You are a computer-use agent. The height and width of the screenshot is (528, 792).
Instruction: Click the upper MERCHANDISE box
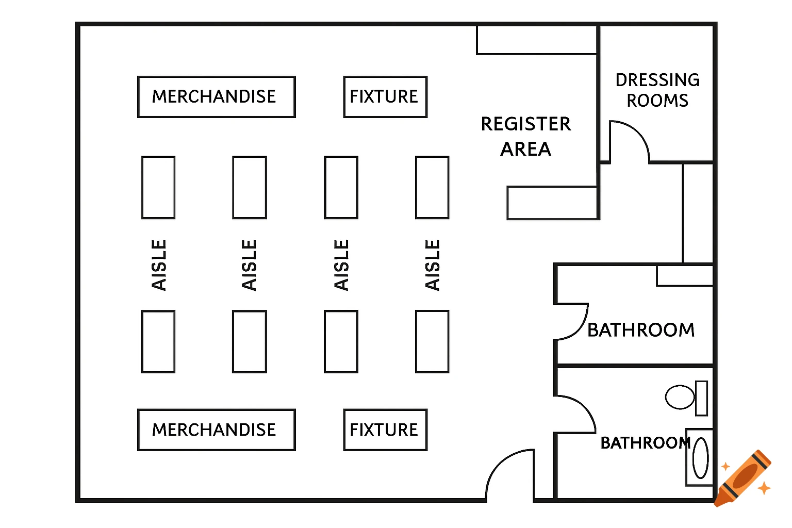[x=216, y=97]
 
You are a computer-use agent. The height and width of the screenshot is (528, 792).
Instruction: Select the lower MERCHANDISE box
[x=216, y=430]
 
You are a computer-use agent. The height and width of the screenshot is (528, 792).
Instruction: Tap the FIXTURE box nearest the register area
[x=385, y=97]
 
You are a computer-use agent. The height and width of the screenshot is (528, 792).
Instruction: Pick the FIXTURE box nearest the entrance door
[x=385, y=430]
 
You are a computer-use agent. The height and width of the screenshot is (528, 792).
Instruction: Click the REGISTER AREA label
[x=526, y=136]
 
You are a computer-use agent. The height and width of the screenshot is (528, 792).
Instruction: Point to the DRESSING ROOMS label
[x=657, y=90]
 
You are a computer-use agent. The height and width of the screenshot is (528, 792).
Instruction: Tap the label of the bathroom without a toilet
[x=641, y=330]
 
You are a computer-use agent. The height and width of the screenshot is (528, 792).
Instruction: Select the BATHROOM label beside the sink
[x=645, y=443]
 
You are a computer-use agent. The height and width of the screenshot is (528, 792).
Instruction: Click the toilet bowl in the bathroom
[x=680, y=397]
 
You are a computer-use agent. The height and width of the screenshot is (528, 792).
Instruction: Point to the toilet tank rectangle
[x=701, y=398]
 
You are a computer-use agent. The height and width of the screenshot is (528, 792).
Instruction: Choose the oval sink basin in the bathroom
[x=700, y=458]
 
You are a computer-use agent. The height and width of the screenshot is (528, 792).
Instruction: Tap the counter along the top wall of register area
[x=537, y=40]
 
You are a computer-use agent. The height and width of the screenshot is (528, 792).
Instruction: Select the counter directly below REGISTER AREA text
[x=552, y=203]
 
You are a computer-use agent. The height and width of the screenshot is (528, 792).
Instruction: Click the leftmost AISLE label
[x=159, y=265]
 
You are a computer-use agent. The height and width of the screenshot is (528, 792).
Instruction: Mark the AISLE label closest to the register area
[x=432, y=265]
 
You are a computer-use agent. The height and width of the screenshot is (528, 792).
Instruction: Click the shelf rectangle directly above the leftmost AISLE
[x=158, y=188]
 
